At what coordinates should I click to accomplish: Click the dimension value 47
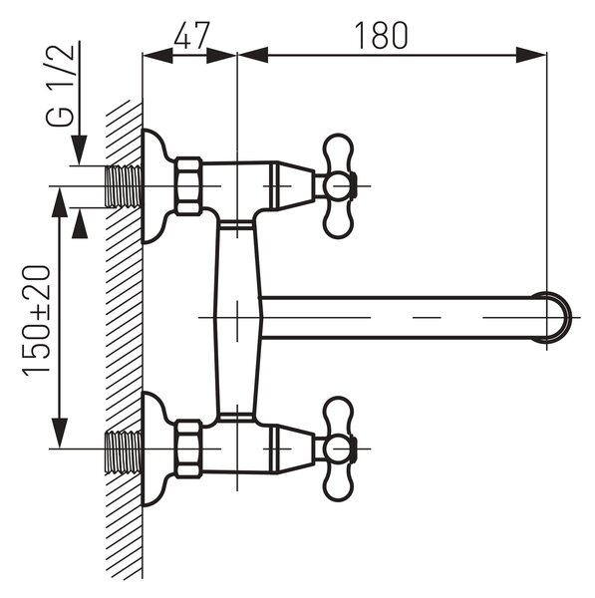(191, 36)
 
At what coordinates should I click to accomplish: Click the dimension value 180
(381, 36)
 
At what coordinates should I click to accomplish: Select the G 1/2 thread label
(60, 85)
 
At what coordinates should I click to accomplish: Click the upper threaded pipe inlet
(124, 186)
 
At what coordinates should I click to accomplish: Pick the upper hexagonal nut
(188, 186)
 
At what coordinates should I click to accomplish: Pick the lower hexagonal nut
(188, 448)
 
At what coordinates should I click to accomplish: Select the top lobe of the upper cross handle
(338, 151)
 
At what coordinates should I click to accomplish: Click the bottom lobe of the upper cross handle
(338, 220)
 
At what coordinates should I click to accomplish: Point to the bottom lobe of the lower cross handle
(338, 483)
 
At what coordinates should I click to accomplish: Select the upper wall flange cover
(155, 186)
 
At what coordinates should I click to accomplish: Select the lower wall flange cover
(155, 448)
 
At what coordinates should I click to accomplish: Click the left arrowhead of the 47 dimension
(157, 56)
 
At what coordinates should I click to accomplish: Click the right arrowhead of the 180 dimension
(531, 55)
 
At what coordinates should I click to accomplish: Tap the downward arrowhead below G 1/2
(80, 150)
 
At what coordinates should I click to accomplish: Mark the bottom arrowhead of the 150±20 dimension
(59, 434)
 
